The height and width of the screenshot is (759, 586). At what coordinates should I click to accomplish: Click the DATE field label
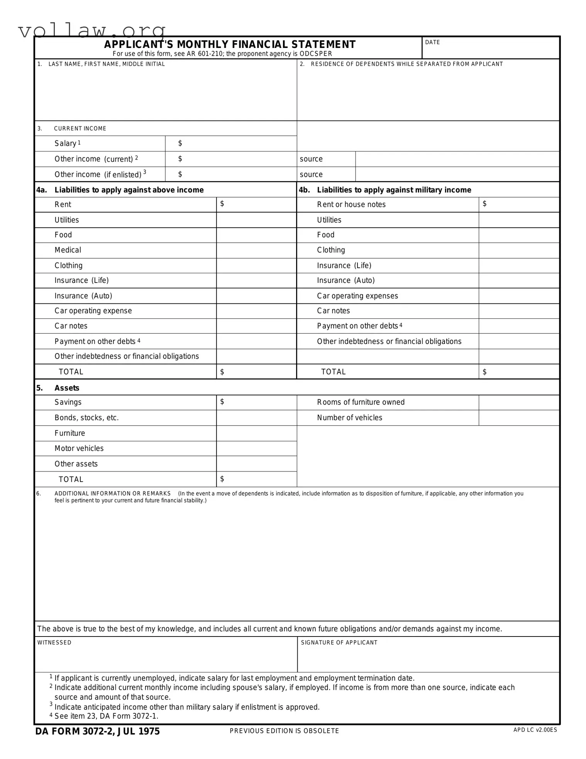click(x=432, y=42)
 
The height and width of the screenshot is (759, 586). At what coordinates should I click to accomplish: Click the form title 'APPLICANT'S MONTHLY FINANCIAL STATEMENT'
click(x=230, y=44)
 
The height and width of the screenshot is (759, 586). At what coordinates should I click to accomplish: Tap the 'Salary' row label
click(x=65, y=143)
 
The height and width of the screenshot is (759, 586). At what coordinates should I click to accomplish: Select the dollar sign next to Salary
click(x=180, y=143)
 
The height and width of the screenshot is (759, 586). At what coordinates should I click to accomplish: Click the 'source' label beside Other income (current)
click(x=311, y=159)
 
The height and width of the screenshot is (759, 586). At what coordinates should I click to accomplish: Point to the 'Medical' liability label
click(x=68, y=250)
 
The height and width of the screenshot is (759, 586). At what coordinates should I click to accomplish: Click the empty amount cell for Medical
click(x=256, y=250)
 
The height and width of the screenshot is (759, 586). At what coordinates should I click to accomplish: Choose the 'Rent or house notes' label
click(x=351, y=204)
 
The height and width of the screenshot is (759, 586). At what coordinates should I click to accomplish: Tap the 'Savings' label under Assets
click(x=68, y=402)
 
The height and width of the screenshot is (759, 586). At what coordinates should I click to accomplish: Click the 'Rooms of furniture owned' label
click(x=361, y=402)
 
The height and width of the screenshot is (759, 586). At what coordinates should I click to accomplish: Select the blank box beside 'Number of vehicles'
click(x=518, y=418)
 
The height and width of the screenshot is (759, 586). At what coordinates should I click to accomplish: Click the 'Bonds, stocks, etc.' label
click(x=86, y=418)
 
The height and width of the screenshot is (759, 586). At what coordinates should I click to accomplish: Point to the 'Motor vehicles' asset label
click(x=79, y=448)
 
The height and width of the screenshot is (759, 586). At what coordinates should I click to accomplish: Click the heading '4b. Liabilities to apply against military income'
click(x=385, y=190)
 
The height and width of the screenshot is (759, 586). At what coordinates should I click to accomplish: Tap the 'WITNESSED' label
click(x=54, y=642)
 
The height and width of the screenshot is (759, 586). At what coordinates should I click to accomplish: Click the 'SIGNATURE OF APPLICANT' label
click(x=339, y=642)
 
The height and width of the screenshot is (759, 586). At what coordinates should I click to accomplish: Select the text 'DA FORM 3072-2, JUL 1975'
click(x=97, y=731)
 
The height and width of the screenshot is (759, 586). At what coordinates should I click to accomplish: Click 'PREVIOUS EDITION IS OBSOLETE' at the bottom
click(x=284, y=731)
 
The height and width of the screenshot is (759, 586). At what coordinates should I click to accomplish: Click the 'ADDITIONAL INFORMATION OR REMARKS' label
click(x=112, y=494)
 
